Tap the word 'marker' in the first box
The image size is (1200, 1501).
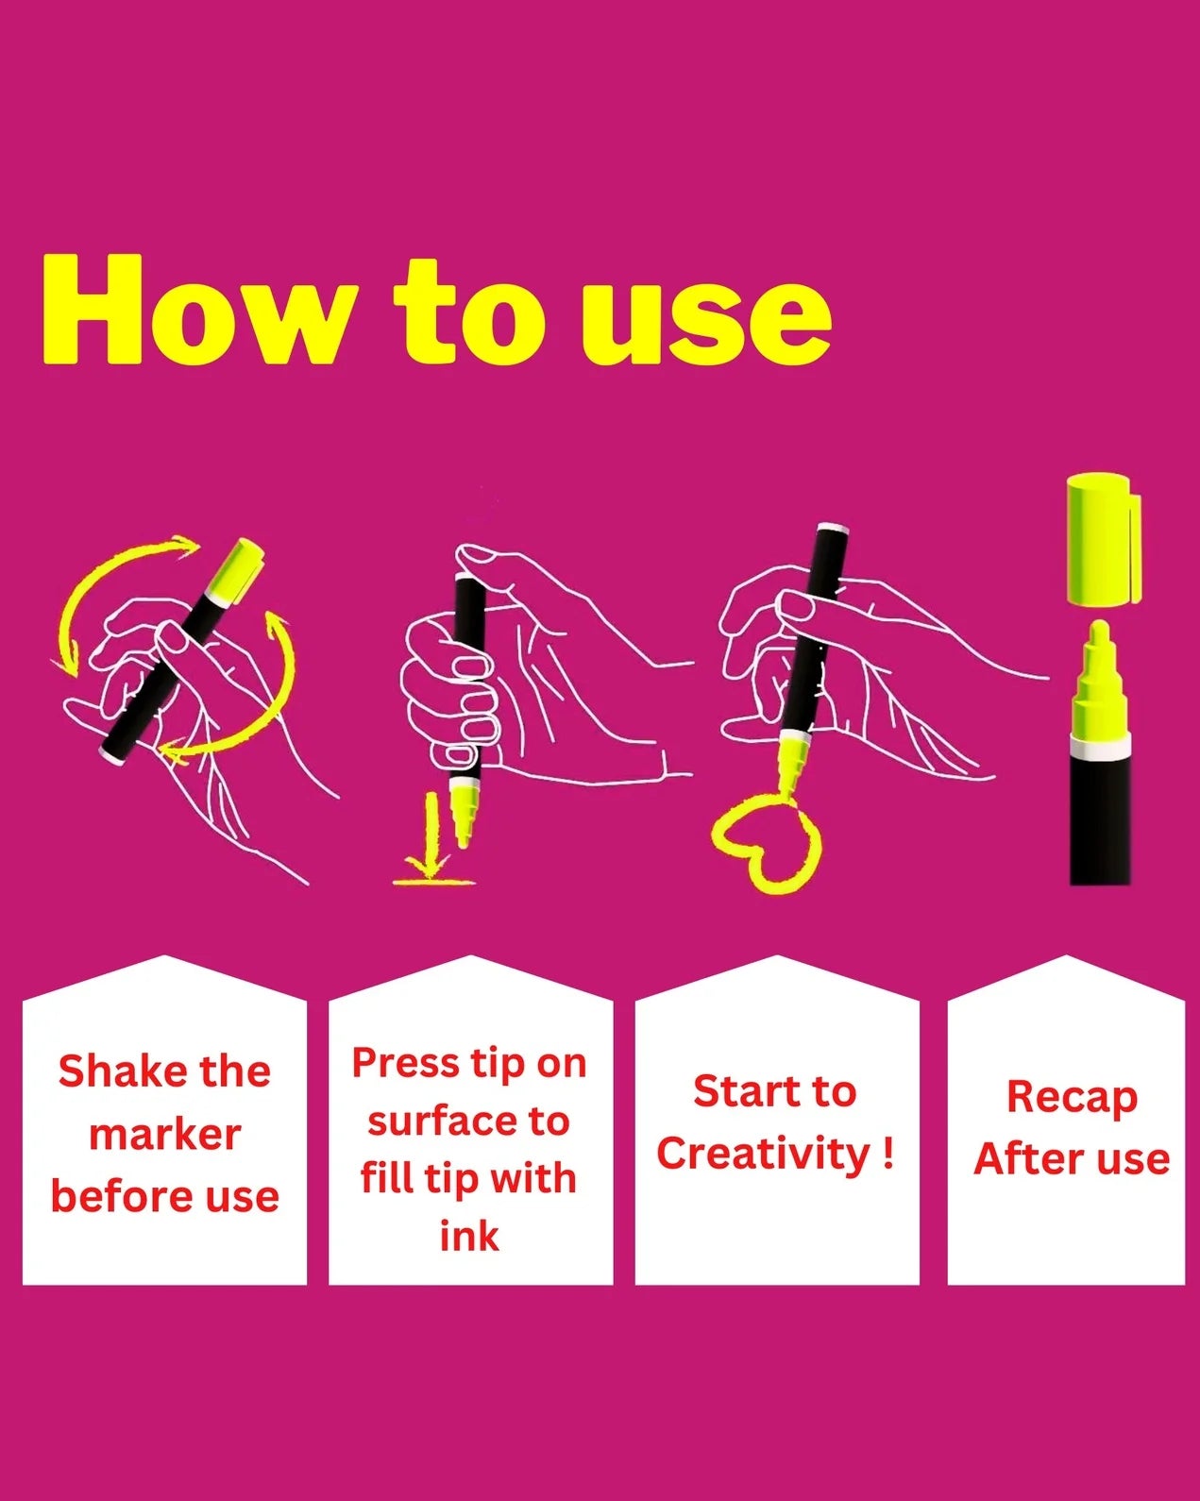tap(164, 1134)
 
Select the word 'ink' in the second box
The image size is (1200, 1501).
tap(469, 1236)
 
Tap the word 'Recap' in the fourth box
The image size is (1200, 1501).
tap(1071, 1098)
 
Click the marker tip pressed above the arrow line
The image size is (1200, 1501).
tap(462, 814)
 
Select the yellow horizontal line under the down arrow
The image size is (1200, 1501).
tap(434, 882)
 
